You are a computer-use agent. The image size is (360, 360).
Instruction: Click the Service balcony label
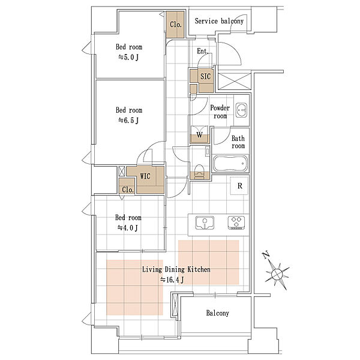point(219,21)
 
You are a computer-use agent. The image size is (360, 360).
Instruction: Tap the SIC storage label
point(205,76)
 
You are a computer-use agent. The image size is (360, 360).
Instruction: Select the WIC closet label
point(145,176)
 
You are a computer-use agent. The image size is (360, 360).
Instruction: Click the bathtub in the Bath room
point(230,163)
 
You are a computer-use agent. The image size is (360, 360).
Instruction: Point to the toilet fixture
point(199,172)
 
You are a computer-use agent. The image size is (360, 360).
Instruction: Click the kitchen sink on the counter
point(205,223)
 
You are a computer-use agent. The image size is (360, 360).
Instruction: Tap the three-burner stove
point(236,223)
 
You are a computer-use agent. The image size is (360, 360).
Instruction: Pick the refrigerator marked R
point(239,186)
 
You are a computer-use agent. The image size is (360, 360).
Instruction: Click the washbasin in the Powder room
point(241,110)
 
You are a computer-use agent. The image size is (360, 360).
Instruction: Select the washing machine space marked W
point(200,134)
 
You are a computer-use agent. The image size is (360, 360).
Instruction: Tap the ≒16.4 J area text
point(172,280)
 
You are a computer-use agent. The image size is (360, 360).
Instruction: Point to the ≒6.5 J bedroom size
point(128,121)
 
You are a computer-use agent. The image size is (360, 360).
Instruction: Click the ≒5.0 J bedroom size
point(128,57)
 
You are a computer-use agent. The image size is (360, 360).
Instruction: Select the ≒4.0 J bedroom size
point(128,228)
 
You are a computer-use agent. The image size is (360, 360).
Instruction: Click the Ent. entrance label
point(203,51)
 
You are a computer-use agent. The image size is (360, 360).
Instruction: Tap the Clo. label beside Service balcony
point(176,25)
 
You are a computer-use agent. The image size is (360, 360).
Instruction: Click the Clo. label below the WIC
point(128,190)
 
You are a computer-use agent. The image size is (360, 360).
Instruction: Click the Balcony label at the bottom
point(217,313)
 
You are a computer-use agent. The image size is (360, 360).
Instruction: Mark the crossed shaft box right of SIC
point(234,81)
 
